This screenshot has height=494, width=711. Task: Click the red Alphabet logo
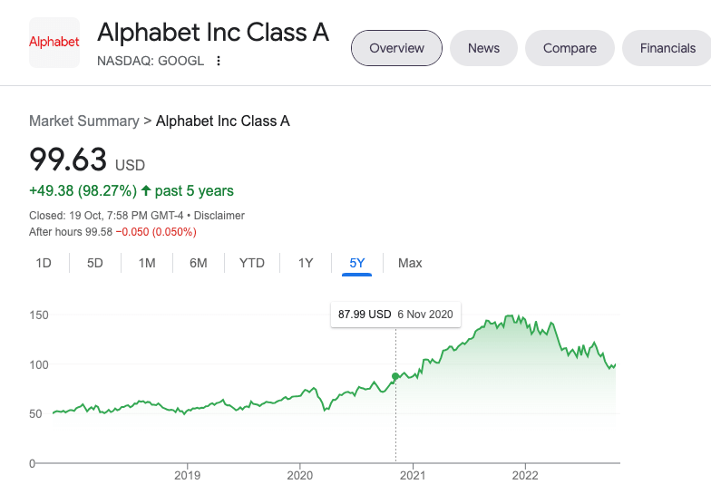[54, 42]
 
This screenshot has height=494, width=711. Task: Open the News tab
[483, 48]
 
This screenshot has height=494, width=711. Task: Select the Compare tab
[570, 48]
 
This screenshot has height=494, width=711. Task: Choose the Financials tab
[667, 48]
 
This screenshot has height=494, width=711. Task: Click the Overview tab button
[396, 48]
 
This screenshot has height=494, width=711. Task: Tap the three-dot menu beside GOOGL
[219, 62]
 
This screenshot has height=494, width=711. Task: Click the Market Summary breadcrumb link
[84, 121]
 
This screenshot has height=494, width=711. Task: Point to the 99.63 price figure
[69, 160]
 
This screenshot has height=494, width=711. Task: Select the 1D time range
[44, 263]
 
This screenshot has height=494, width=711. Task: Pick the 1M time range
[147, 263]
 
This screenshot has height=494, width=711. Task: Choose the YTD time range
[251, 263]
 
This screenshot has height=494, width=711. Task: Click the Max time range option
[410, 263]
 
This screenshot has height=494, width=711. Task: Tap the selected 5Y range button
[357, 263]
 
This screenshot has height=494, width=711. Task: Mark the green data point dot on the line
[395, 376]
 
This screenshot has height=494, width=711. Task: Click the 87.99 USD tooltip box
[395, 315]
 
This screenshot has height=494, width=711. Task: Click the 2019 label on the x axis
[187, 475]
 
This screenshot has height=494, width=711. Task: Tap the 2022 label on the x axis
[525, 475]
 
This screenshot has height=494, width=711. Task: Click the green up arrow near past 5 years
[146, 191]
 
